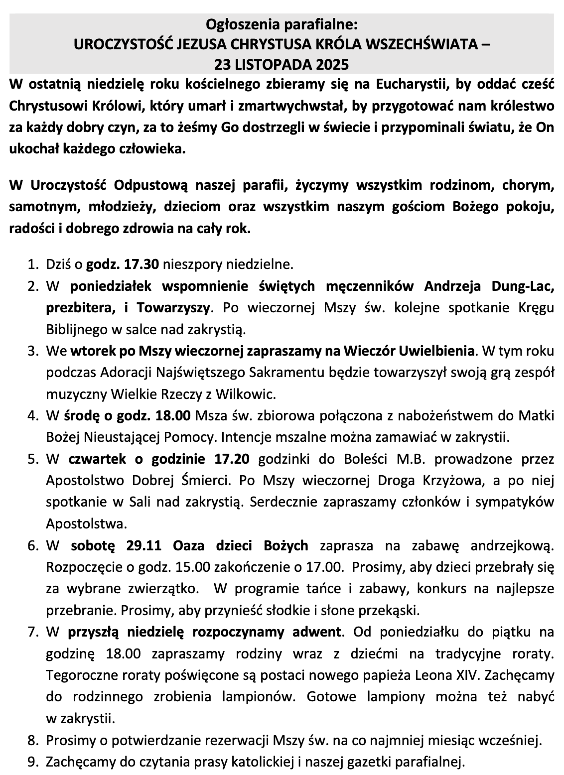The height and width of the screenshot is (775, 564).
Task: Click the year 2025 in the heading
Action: click(331, 65)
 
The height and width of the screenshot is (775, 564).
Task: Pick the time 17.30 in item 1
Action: click(143, 264)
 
